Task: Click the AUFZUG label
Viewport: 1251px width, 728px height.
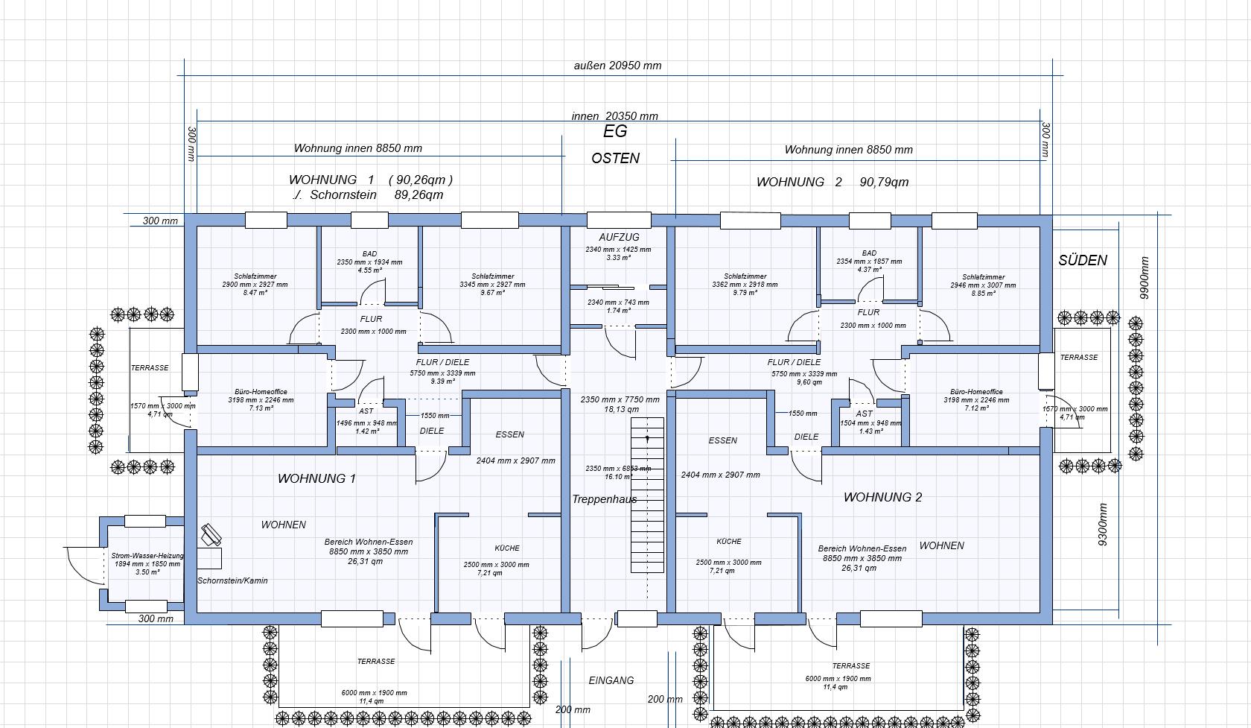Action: (619, 237)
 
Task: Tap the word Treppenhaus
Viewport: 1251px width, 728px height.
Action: (604, 499)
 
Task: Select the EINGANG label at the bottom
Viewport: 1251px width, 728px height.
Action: (611, 680)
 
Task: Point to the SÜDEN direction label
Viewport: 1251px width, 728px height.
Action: (1083, 260)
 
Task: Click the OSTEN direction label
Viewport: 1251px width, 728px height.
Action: (615, 158)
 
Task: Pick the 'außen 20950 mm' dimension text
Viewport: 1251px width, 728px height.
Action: (617, 66)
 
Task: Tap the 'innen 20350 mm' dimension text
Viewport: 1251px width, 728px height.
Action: (614, 116)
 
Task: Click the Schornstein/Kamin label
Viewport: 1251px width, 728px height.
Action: (232, 580)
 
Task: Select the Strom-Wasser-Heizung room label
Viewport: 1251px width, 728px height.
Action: (147, 556)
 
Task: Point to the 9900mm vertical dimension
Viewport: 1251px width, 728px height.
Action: (1145, 277)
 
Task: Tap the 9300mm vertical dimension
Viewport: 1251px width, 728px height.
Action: (1103, 525)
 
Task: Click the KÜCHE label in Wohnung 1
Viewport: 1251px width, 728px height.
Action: (507, 548)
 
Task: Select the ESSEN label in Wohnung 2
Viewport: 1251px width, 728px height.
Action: (722, 440)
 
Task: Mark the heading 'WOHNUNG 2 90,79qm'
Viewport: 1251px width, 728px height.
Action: (832, 182)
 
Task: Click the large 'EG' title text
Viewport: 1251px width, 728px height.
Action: (615, 131)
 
